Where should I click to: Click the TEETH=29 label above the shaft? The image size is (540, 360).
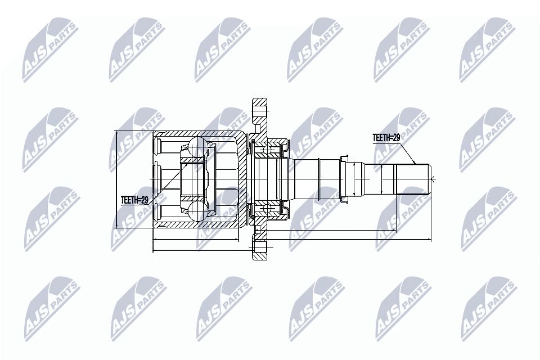coord(386,138)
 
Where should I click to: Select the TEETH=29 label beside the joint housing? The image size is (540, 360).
coord(134,200)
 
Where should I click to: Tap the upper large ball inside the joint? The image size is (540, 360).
coord(197,146)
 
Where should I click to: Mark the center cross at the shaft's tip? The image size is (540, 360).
coord(433,178)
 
